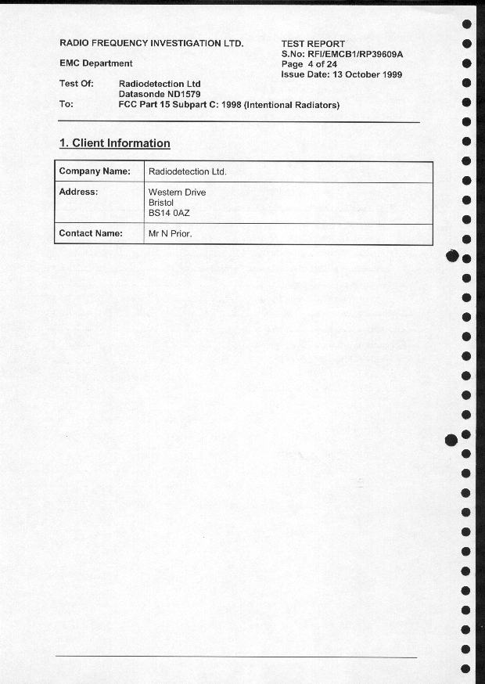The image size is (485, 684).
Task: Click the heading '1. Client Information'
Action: click(115, 143)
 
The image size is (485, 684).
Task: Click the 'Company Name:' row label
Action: click(95, 171)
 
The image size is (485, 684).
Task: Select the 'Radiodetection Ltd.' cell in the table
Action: click(187, 171)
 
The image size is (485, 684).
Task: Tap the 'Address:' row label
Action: click(78, 192)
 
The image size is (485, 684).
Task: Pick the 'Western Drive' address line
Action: click(177, 192)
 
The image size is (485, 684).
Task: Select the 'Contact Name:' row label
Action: click(91, 233)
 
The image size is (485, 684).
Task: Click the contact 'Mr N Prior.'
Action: click(170, 233)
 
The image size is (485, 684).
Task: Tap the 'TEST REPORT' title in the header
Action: click(313, 44)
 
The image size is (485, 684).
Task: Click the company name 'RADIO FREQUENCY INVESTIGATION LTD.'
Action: click(152, 43)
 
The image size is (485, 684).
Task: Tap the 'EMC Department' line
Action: click(96, 63)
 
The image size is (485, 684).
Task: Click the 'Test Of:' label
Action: click(77, 84)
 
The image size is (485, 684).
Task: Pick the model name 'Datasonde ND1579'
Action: click(160, 94)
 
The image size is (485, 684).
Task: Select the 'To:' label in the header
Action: click(66, 104)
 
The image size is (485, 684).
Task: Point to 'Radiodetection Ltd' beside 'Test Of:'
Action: click(160, 84)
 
